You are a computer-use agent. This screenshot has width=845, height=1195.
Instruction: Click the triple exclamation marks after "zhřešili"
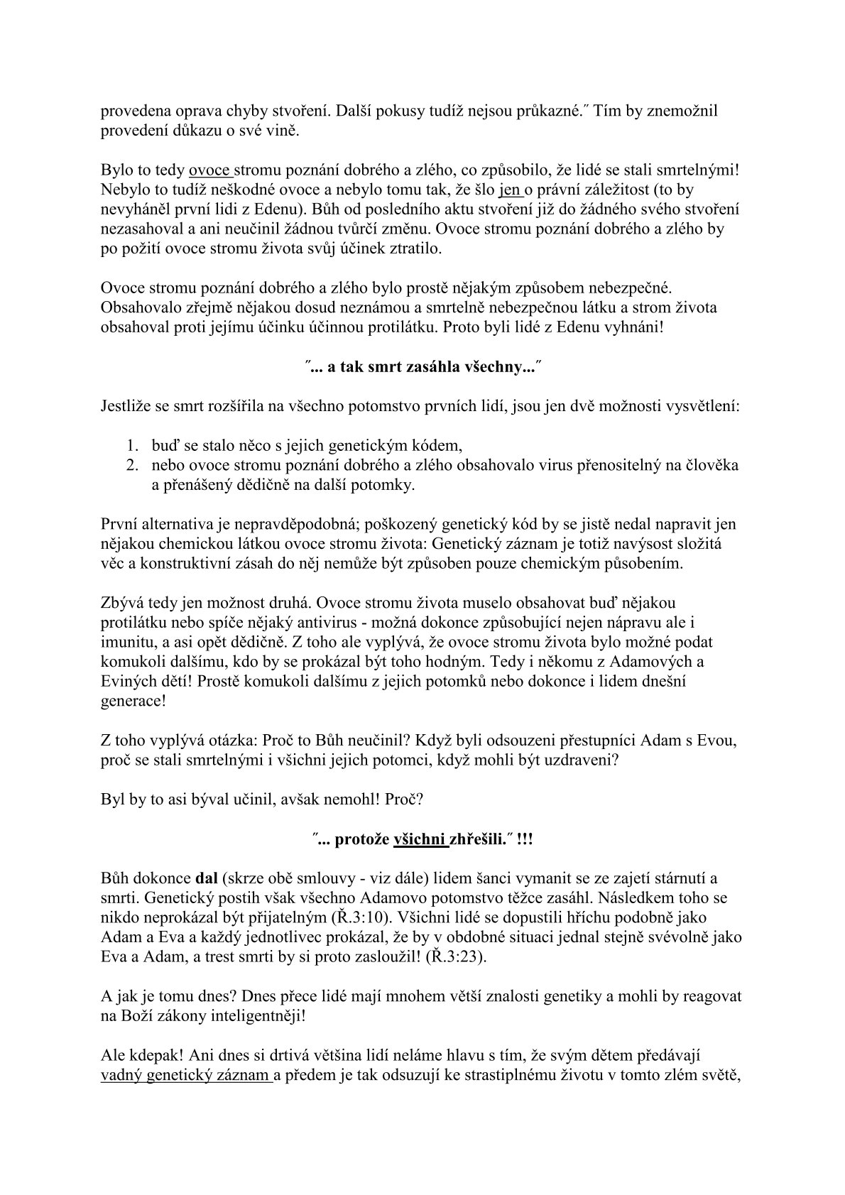525,839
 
